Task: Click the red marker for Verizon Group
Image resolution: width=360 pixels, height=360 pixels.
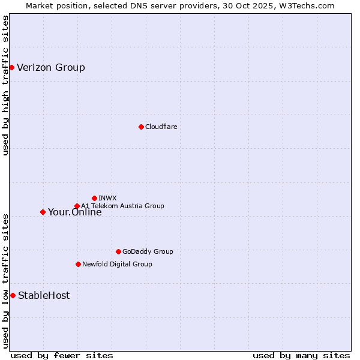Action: pyautogui.click(x=11, y=67)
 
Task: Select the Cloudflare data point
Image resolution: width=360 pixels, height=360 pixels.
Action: pyautogui.click(x=141, y=127)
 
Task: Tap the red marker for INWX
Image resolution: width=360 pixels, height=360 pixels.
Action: pyautogui.click(x=94, y=198)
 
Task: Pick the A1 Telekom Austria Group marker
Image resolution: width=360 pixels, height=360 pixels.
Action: pyautogui.click(x=77, y=206)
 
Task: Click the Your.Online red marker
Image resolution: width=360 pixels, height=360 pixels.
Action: pyautogui.click(x=43, y=212)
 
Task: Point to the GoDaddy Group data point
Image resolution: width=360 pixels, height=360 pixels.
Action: pyautogui.click(x=118, y=251)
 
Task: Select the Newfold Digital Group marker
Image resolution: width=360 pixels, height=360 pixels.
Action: pyautogui.click(x=78, y=264)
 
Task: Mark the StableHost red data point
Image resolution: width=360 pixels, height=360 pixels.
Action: pyautogui.click(x=13, y=295)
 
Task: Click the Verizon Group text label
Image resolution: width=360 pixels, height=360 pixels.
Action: pyautogui.click(x=51, y=67)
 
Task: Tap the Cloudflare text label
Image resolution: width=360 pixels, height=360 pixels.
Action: pyautogui.click(x=161, y=127)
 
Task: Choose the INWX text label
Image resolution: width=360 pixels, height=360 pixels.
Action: pyautogui.click(x=107, y=198)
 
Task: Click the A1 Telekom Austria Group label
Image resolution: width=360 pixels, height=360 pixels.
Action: pyautogui.click(x=122, y=206)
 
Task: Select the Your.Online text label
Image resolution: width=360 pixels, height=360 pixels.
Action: pyautogui.click(x=74, y=212)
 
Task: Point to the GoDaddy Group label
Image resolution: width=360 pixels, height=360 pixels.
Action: pyautogui.click(x=148, y=251)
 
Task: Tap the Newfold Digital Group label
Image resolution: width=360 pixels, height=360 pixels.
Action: pyautogui.click(x=117, y=264)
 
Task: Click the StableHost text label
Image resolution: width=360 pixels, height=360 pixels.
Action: pyautogui.click(x=44, y=295)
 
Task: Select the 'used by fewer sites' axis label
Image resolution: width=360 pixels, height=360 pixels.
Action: pyautogui.click(x=62, y=355)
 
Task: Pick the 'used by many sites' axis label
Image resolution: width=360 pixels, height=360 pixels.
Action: pyautogui.click(x=301, y=355)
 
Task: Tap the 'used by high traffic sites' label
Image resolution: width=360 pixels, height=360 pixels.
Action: pyautogui.click(x=5, y=85)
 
